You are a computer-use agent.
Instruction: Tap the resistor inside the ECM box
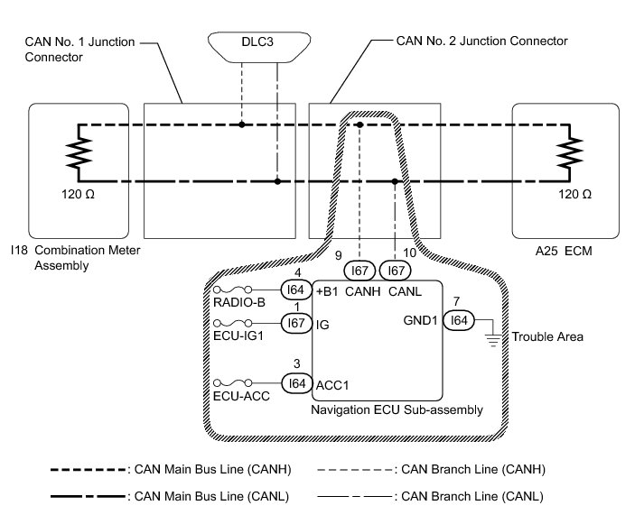[571, 153]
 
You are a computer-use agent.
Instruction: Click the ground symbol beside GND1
[493, 336]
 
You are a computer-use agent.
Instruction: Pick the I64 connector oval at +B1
[294, 290]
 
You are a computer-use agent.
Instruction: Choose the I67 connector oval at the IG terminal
[294, 322]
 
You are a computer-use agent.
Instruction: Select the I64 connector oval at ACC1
[294, 383]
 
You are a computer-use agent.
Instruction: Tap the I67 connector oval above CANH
[359, 269]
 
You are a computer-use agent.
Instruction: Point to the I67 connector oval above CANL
[394, 269]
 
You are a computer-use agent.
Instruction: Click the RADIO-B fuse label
[239, 302]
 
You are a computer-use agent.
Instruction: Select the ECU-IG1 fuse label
[239, 334]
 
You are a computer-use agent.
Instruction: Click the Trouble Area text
[547, 337]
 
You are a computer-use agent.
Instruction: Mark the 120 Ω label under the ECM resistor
[575, 195]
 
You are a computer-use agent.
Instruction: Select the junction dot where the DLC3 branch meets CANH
[242, 124]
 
